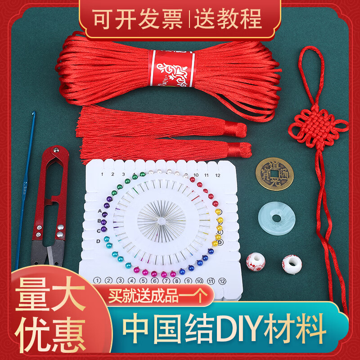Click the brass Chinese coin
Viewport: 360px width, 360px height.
click(272, 174)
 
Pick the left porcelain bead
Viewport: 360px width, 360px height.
click(256, 261)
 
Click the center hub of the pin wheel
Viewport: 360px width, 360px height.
click(161, 220)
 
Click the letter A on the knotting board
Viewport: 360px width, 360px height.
click(99, 211)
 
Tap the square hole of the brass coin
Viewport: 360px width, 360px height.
click(272, 174)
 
